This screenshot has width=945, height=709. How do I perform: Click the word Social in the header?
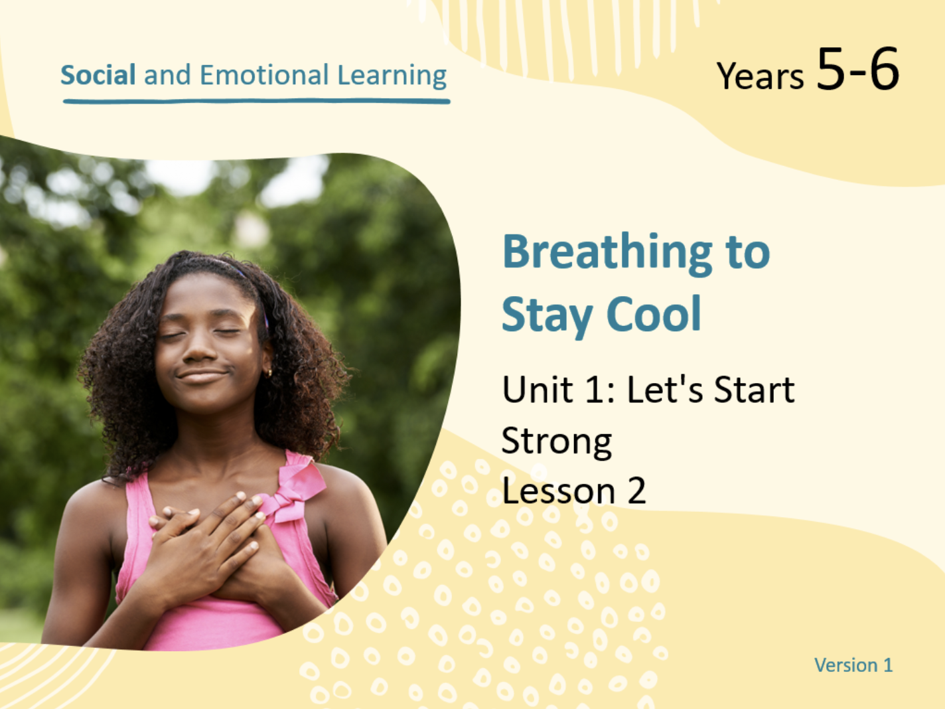98,74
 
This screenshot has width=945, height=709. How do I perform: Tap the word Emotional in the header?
264,74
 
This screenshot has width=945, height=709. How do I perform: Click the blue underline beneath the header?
257,102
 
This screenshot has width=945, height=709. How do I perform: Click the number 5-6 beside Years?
857,69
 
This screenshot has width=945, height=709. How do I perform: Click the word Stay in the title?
547,317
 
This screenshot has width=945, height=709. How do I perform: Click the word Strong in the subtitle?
557,442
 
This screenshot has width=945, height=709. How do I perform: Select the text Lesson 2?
574,490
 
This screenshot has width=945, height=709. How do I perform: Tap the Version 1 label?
853,665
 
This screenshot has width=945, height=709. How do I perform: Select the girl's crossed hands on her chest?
206,547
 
